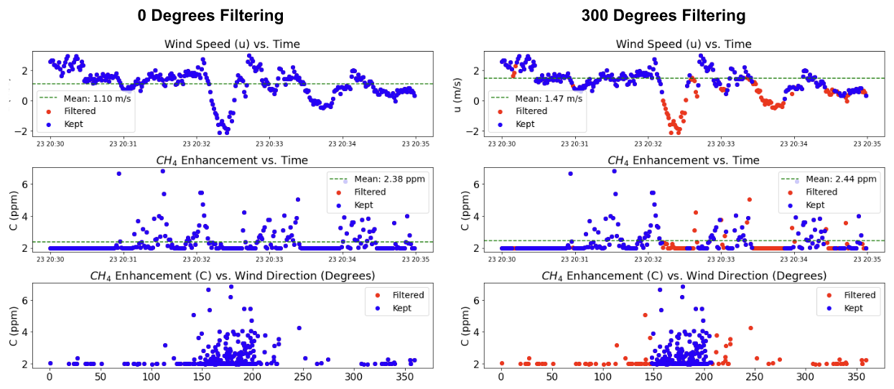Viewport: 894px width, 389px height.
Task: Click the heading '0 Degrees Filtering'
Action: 211,16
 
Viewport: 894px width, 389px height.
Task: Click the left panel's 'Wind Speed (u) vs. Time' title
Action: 232,44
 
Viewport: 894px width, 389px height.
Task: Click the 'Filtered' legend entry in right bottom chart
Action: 853,295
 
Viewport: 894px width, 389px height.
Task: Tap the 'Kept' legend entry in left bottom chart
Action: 404,308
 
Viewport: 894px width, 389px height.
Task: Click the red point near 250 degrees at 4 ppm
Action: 750,328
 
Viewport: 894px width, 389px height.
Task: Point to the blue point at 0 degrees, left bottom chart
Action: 50,363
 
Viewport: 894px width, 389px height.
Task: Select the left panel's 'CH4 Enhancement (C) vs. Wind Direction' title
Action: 232,276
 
